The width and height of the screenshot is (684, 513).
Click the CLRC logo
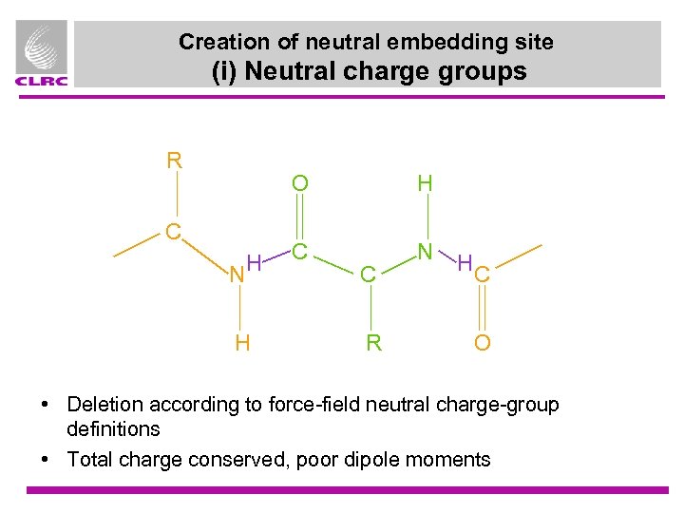pyautogui.click(x=41, y=53)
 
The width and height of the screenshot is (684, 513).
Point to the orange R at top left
pyautogui.click(x=175, y=161)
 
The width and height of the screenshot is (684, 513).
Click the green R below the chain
pyautogui.click(x=374, y=342)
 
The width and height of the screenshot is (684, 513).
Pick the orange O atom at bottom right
pyautogui.click(x=483, y=342)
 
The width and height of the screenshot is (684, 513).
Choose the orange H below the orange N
pyautogui.click(x=242, y=342)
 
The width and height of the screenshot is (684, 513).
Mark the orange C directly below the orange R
pyautogui.click(x=174, y=231)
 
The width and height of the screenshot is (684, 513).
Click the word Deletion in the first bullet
pyautogui.click(x=104, y=405)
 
